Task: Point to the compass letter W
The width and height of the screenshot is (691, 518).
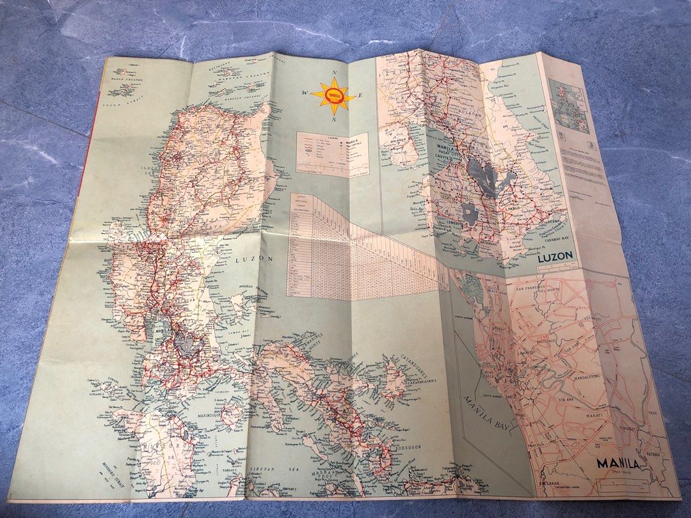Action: (305, 94)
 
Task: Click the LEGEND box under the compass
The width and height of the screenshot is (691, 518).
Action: (322, 154)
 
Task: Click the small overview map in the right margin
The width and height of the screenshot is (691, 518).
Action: (571, 110)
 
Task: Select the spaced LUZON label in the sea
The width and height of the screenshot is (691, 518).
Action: (255, 260)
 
